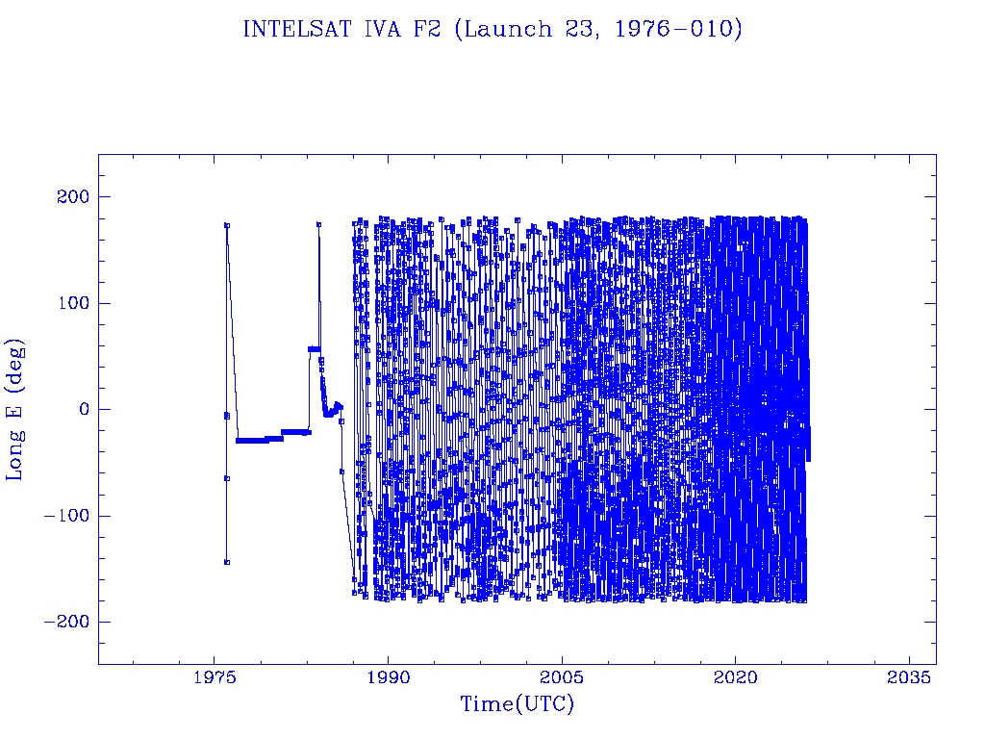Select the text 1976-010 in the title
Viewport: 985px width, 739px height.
pyautogui.click(x=690, y=30)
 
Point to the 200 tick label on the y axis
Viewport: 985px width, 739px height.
pyautogui.click(x=72, y=197)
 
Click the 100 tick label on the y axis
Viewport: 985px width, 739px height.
pyautogui.click(x=72, y=303)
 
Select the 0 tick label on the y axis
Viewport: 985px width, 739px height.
pyautogui.click(x=84, y=409)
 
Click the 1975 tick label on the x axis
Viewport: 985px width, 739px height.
pyautogui.click(x=215, y=678)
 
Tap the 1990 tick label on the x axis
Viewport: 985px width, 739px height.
pyautogui.click(x=388, y=678)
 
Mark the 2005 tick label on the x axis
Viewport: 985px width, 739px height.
pyautogui.click(x=562, y=678)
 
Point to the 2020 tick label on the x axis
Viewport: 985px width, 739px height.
pyautogui.click(x=736, y=678)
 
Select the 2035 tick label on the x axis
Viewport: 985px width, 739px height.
pyautogui.click(x=909, y=678)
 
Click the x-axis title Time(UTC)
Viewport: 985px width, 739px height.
pyautogui.click(x=517, y=704)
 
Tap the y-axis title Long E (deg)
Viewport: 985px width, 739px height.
pyautogui.click(x=15, y=409)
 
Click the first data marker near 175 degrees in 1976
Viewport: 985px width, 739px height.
pyautogui.click(x=227, y=225)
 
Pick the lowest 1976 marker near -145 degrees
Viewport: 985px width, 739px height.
pyautogui.click(x=227, y=562)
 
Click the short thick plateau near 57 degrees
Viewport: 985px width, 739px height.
pyautogui.click(x=314, y=349)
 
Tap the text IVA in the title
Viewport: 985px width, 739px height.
pyautogui.click(x=385, y=30)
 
